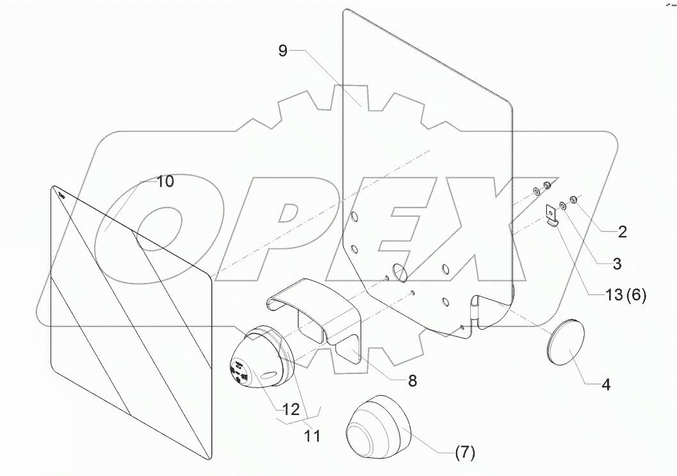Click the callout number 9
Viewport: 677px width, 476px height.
(x=282, y=51)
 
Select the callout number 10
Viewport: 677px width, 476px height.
(x=165, y=182)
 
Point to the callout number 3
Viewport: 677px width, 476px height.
(x=612, y=262)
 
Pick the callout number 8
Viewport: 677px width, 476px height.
(x=412, y=380)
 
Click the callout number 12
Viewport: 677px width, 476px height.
(x=291, y=409)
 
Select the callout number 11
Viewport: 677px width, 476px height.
(x=312, y=436)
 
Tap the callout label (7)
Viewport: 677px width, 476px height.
(x=465, y=453)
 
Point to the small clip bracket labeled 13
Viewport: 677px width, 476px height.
(x=551, y=216)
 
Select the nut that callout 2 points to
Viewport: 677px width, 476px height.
(x=573, y=202)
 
